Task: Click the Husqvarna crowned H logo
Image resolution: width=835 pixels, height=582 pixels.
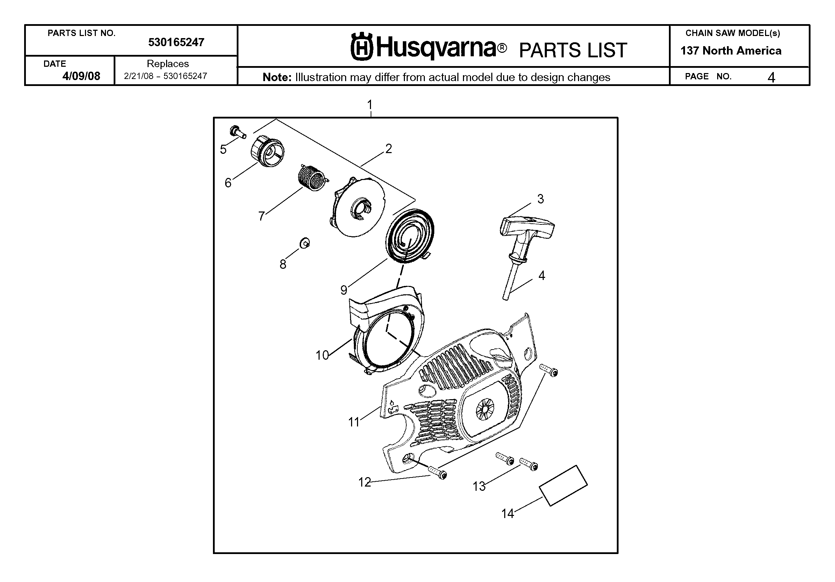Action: pyautogui.click(x=362, y=46)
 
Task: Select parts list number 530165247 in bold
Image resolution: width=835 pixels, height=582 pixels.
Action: pyautogui.click(x=176, y=42)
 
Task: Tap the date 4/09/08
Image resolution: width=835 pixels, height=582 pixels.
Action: pyautogui.click(x=81, y=76)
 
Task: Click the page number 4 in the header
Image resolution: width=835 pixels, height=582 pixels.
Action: pyautogui.click(x=771, y=78)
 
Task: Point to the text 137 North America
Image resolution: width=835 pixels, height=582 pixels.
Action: pyautogui.click(x=731, y=51)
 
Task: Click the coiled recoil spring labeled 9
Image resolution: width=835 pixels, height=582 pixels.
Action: pyautogui.click(x=409, y=236)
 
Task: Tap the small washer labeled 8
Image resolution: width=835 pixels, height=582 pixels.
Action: pyautogui.click(x=305, y=243)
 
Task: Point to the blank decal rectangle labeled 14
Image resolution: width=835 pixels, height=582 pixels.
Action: pyautogui.click(x=563, y=486)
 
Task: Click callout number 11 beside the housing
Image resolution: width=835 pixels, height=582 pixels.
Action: pyautogui.click(x=354, y=422)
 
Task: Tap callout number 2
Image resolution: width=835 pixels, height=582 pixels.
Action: pyautogui.click(x=388, y=149)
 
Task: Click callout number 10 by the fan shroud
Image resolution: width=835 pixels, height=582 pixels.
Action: pyautogui.click(x=322, y=355)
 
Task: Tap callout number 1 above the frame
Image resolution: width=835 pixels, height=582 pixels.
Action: pyautogui.click(x=370, y=105)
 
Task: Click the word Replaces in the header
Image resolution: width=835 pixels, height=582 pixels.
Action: pyautogui.click(x=167, y=64)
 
